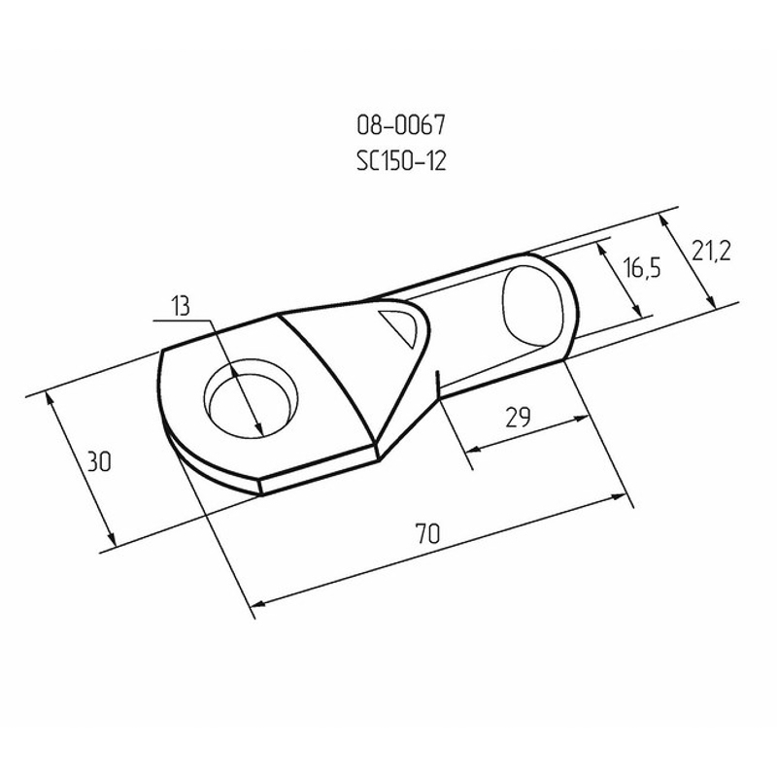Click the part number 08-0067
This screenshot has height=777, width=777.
tap(401, 125)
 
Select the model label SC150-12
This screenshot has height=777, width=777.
tap(401, 160)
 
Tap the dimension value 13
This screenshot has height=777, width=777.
tap(181, 306)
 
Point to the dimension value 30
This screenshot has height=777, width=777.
tap(99, 461)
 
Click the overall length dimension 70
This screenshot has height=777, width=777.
tap(427, 533)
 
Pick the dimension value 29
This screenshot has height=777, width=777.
tap(518, 417)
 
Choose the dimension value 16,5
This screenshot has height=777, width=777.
tap(642, 268)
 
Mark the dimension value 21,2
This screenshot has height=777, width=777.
tap(712, 253)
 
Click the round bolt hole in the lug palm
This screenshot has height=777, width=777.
tap(252, 398)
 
